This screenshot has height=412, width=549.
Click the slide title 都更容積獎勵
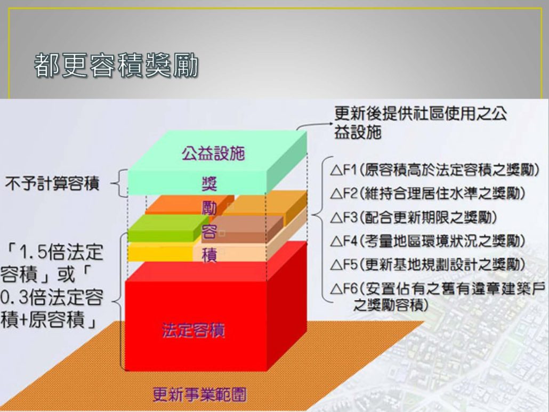tap(116, 66)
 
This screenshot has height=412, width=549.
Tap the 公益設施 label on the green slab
tap(213, 154)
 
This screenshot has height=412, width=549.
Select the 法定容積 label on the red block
tap(193, 330)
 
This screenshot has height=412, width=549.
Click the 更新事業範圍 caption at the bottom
tap(199, 395)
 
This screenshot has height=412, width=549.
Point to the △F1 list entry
tap(434, 171)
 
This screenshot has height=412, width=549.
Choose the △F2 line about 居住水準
tap(427, 193)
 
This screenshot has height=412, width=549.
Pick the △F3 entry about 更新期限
tap(413, 217)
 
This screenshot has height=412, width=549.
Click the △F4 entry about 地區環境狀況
tap(427, 241)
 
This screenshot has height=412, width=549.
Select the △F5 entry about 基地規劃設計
tap(427, 265)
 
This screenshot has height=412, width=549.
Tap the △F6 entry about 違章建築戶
tap(438, 297)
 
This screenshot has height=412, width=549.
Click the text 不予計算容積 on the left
tap(52, 183)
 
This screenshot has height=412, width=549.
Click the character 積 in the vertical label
tap(209, 255)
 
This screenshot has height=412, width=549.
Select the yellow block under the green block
tap(161, 252)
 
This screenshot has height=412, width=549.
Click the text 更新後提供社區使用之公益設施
tap(420, 123)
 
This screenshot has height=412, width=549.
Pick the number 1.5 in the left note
tap(33, 252)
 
